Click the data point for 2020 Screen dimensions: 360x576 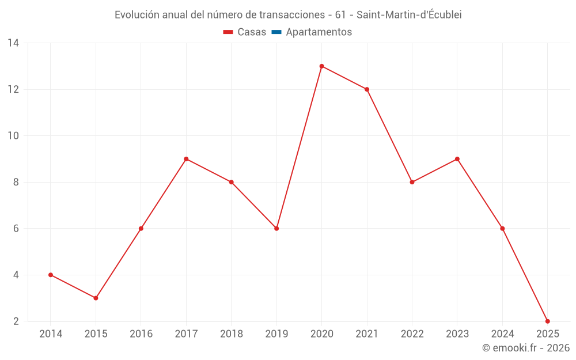(321, 66)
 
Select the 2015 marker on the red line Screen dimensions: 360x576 (96, 298)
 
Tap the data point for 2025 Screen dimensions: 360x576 (547, 321)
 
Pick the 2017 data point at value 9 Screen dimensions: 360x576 (186, 159)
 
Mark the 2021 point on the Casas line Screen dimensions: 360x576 (367, 89)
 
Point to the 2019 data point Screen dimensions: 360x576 (276, 228)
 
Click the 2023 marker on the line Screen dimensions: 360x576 (457, 159)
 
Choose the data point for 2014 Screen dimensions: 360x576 (51, 275)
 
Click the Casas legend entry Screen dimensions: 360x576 (245, 32)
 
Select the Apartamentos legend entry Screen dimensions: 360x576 (318, 32)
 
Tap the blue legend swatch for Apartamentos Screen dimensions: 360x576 (276, 32)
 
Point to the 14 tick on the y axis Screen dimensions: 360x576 (13, 43)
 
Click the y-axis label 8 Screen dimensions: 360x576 (16, 182)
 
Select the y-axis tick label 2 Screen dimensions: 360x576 (16, 321)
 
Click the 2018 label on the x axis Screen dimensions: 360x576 (231, 334)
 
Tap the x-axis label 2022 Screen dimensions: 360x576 (412, 334)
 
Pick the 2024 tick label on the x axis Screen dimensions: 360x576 (502, 334)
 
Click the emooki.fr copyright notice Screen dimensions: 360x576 (525, 348)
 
